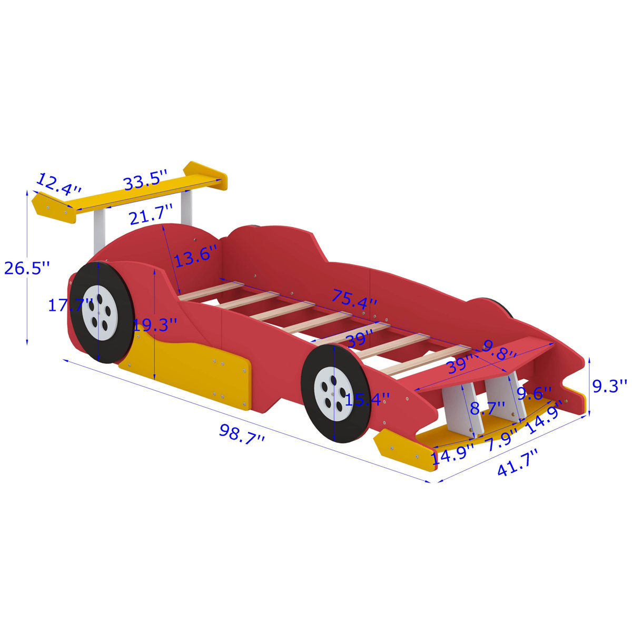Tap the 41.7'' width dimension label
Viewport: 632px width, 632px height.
click(x=518, y=463)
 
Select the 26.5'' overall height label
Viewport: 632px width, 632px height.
click(x=26, y=268)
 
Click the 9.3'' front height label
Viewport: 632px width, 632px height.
click(x=610, y=386)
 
